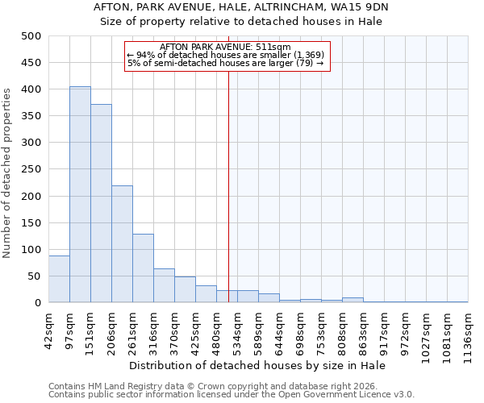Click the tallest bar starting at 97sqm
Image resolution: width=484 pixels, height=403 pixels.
80,194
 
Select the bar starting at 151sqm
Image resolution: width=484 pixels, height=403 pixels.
101,203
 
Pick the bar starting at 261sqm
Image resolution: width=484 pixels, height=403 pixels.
143,268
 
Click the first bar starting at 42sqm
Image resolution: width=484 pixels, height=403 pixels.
59,279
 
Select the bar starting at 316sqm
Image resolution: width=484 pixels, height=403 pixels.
164,285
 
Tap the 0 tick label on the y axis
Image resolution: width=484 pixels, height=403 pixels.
37,303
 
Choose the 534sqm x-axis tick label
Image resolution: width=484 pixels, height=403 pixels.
237,330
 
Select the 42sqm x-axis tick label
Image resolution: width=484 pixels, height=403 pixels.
48,328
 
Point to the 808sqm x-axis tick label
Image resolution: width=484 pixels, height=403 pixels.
342,330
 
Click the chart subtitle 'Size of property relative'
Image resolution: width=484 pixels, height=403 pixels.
241,22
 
